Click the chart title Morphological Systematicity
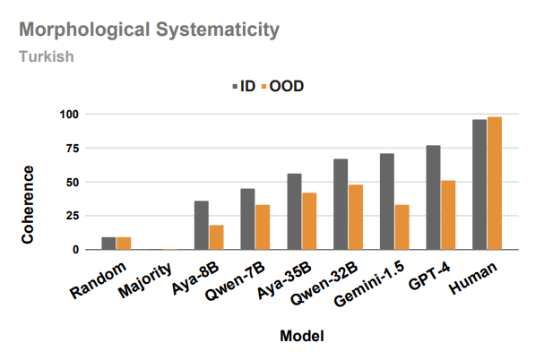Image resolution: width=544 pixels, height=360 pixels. click(x=149, y=30)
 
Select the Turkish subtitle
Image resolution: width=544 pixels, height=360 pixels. click(x=46, y=56)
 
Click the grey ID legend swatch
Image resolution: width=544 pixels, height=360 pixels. click(x=235, y=87)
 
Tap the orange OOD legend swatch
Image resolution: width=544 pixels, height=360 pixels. click(x=263, y=87)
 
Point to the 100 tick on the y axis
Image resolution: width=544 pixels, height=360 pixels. click(x=70, y=115)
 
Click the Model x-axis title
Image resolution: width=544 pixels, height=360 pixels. click(x=301, y=336)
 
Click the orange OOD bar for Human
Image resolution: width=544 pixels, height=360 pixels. click(x=495, y=184)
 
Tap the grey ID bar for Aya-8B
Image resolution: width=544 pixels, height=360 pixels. click(x=202, y=225)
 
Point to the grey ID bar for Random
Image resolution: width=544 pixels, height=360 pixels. click(x=108, y=244)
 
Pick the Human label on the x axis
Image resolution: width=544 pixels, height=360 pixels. click(x=476, y=274)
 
